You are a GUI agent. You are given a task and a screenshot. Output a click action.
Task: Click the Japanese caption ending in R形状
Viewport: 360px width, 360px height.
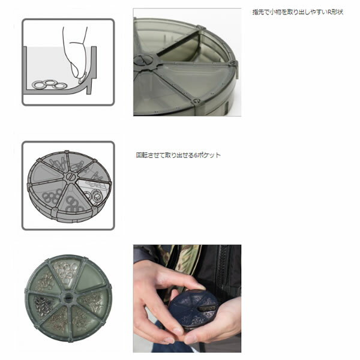298,12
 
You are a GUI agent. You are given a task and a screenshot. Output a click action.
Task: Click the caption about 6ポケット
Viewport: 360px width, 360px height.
178,155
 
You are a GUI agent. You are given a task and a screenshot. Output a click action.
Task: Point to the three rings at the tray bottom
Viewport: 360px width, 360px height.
50,85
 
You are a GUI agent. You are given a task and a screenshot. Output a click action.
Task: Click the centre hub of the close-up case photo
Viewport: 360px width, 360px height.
142,61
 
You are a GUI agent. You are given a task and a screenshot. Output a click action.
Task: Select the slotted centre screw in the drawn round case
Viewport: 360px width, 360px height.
70,177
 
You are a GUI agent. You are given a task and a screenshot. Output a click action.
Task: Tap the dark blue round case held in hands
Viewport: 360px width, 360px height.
194,308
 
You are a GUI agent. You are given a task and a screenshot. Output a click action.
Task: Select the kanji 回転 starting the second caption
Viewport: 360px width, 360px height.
142,155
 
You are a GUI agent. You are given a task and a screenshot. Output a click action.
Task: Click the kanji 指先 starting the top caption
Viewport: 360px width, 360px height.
258,12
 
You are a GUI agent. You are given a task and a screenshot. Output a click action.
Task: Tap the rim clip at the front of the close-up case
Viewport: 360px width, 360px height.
196,101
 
